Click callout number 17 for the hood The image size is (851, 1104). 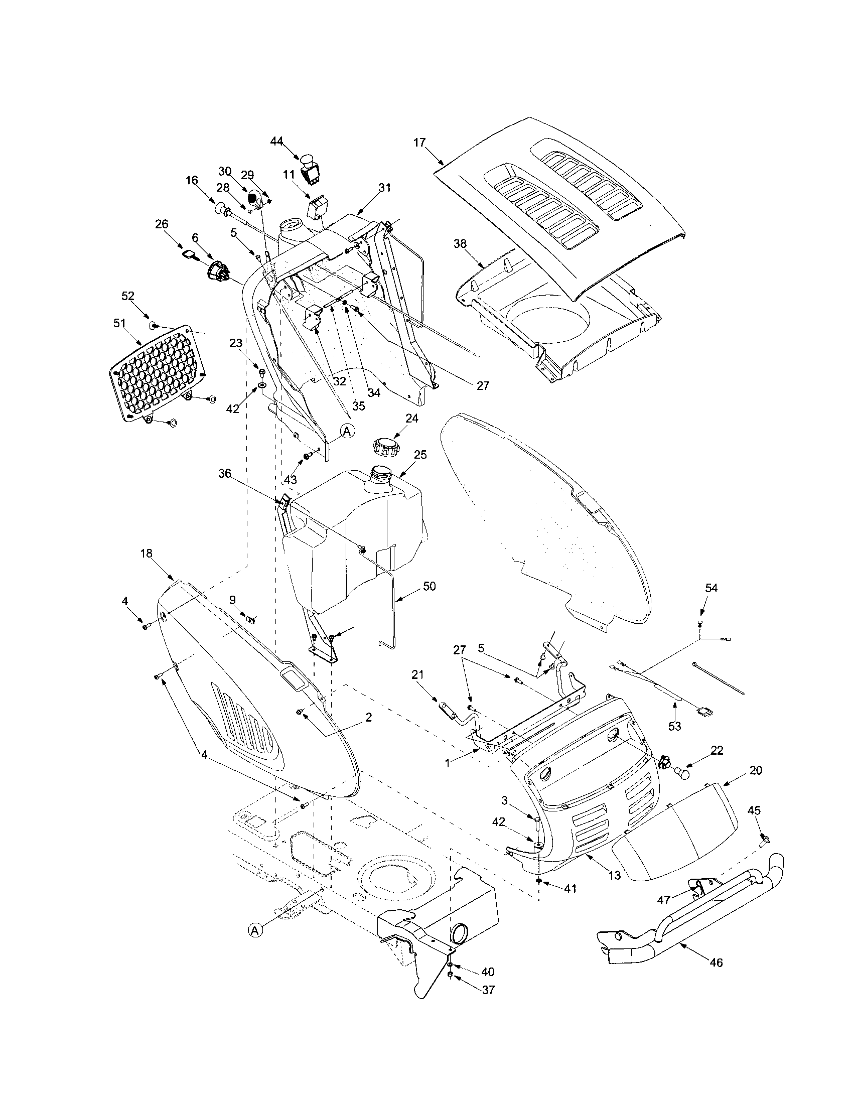[x=419, y=143]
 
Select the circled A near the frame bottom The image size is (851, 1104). [x=256, y=929]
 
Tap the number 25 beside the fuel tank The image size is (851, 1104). [x=420, y=455]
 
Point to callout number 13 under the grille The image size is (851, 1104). [x=614, y=875]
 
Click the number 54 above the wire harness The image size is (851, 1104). [x=711, y=588]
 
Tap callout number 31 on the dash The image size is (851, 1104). [x=384, y=187]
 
